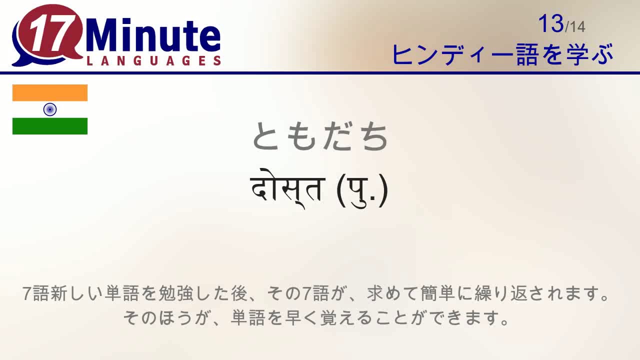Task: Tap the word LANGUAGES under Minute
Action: click(x=153, y=61)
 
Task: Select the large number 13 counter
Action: click(x=551, y=23)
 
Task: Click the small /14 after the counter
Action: click(x=575, y=26)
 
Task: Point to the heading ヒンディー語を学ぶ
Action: click(x=502, y=54)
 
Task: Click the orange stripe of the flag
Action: click(x=50, y=93)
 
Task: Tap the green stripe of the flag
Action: click(x=50, y=126)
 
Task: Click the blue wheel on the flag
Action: click(x=50, y=109)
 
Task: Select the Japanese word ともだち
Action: click(x=320, y=137)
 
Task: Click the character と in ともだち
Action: click(x=267, y=137)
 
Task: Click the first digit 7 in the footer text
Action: click(x=27, y=294)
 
